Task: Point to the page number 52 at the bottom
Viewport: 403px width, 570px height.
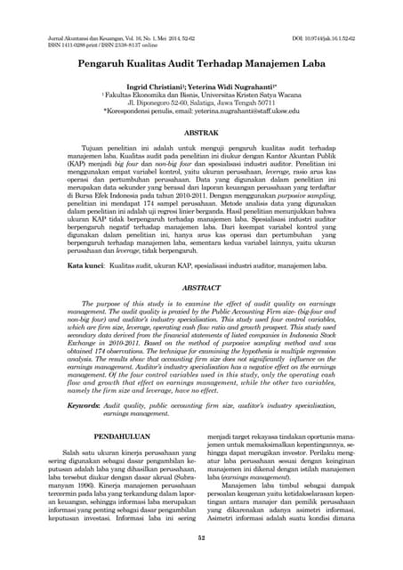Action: point(201,537)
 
